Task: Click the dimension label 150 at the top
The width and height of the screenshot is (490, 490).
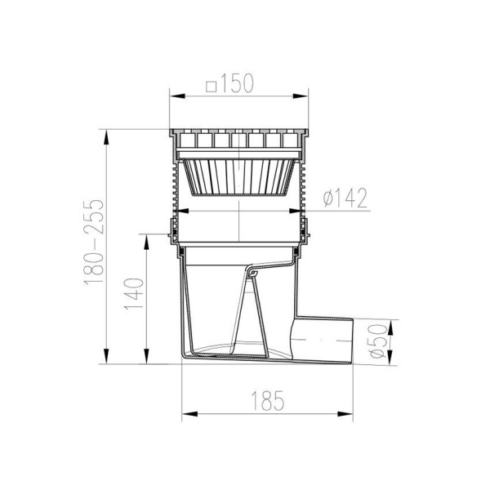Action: click(x=237, y=84)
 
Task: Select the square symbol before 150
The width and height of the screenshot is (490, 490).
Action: click(x=212, y=87)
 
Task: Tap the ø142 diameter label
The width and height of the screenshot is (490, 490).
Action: click(x=345, y=198)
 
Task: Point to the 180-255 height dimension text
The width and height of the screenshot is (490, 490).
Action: click(x=93, y=241)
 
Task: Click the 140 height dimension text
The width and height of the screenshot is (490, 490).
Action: click(x=134, y=294)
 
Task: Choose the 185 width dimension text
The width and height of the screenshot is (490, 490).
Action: click(x=268, y=400)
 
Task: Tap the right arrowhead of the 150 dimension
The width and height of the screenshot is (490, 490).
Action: click(x=300, y=96)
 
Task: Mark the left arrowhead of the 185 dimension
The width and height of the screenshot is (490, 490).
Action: click(x=190, y=414)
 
